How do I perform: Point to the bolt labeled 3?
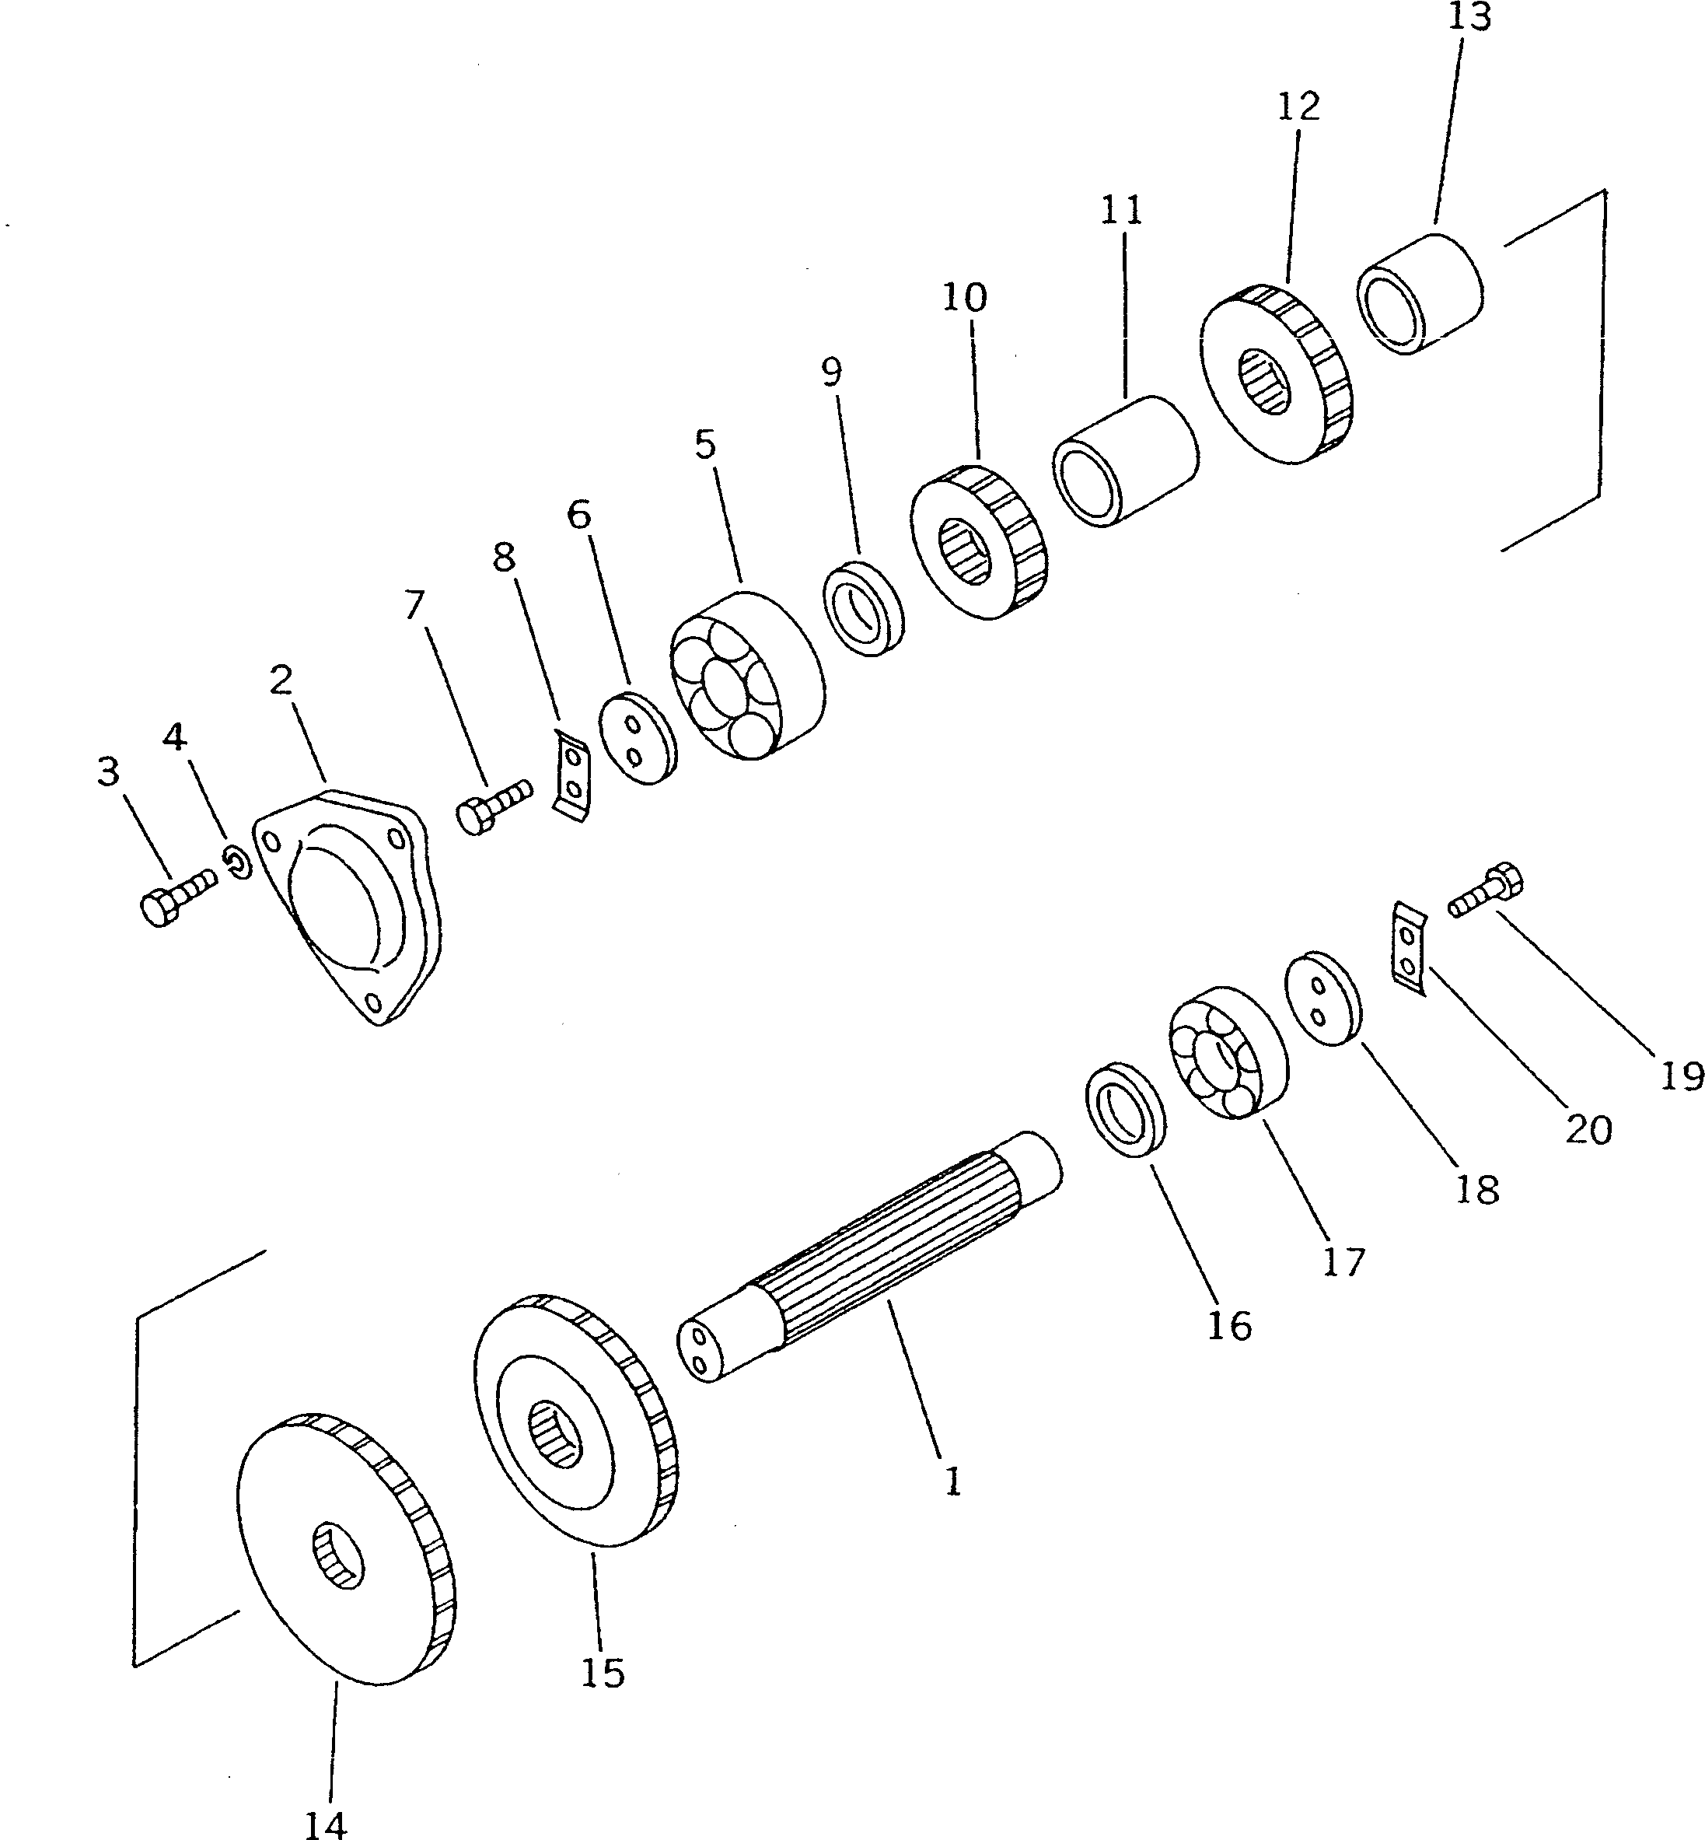point(174,895)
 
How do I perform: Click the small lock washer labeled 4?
point(238,862)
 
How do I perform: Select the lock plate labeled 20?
point(1408,950)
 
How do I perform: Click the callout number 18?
point(1476,1191)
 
